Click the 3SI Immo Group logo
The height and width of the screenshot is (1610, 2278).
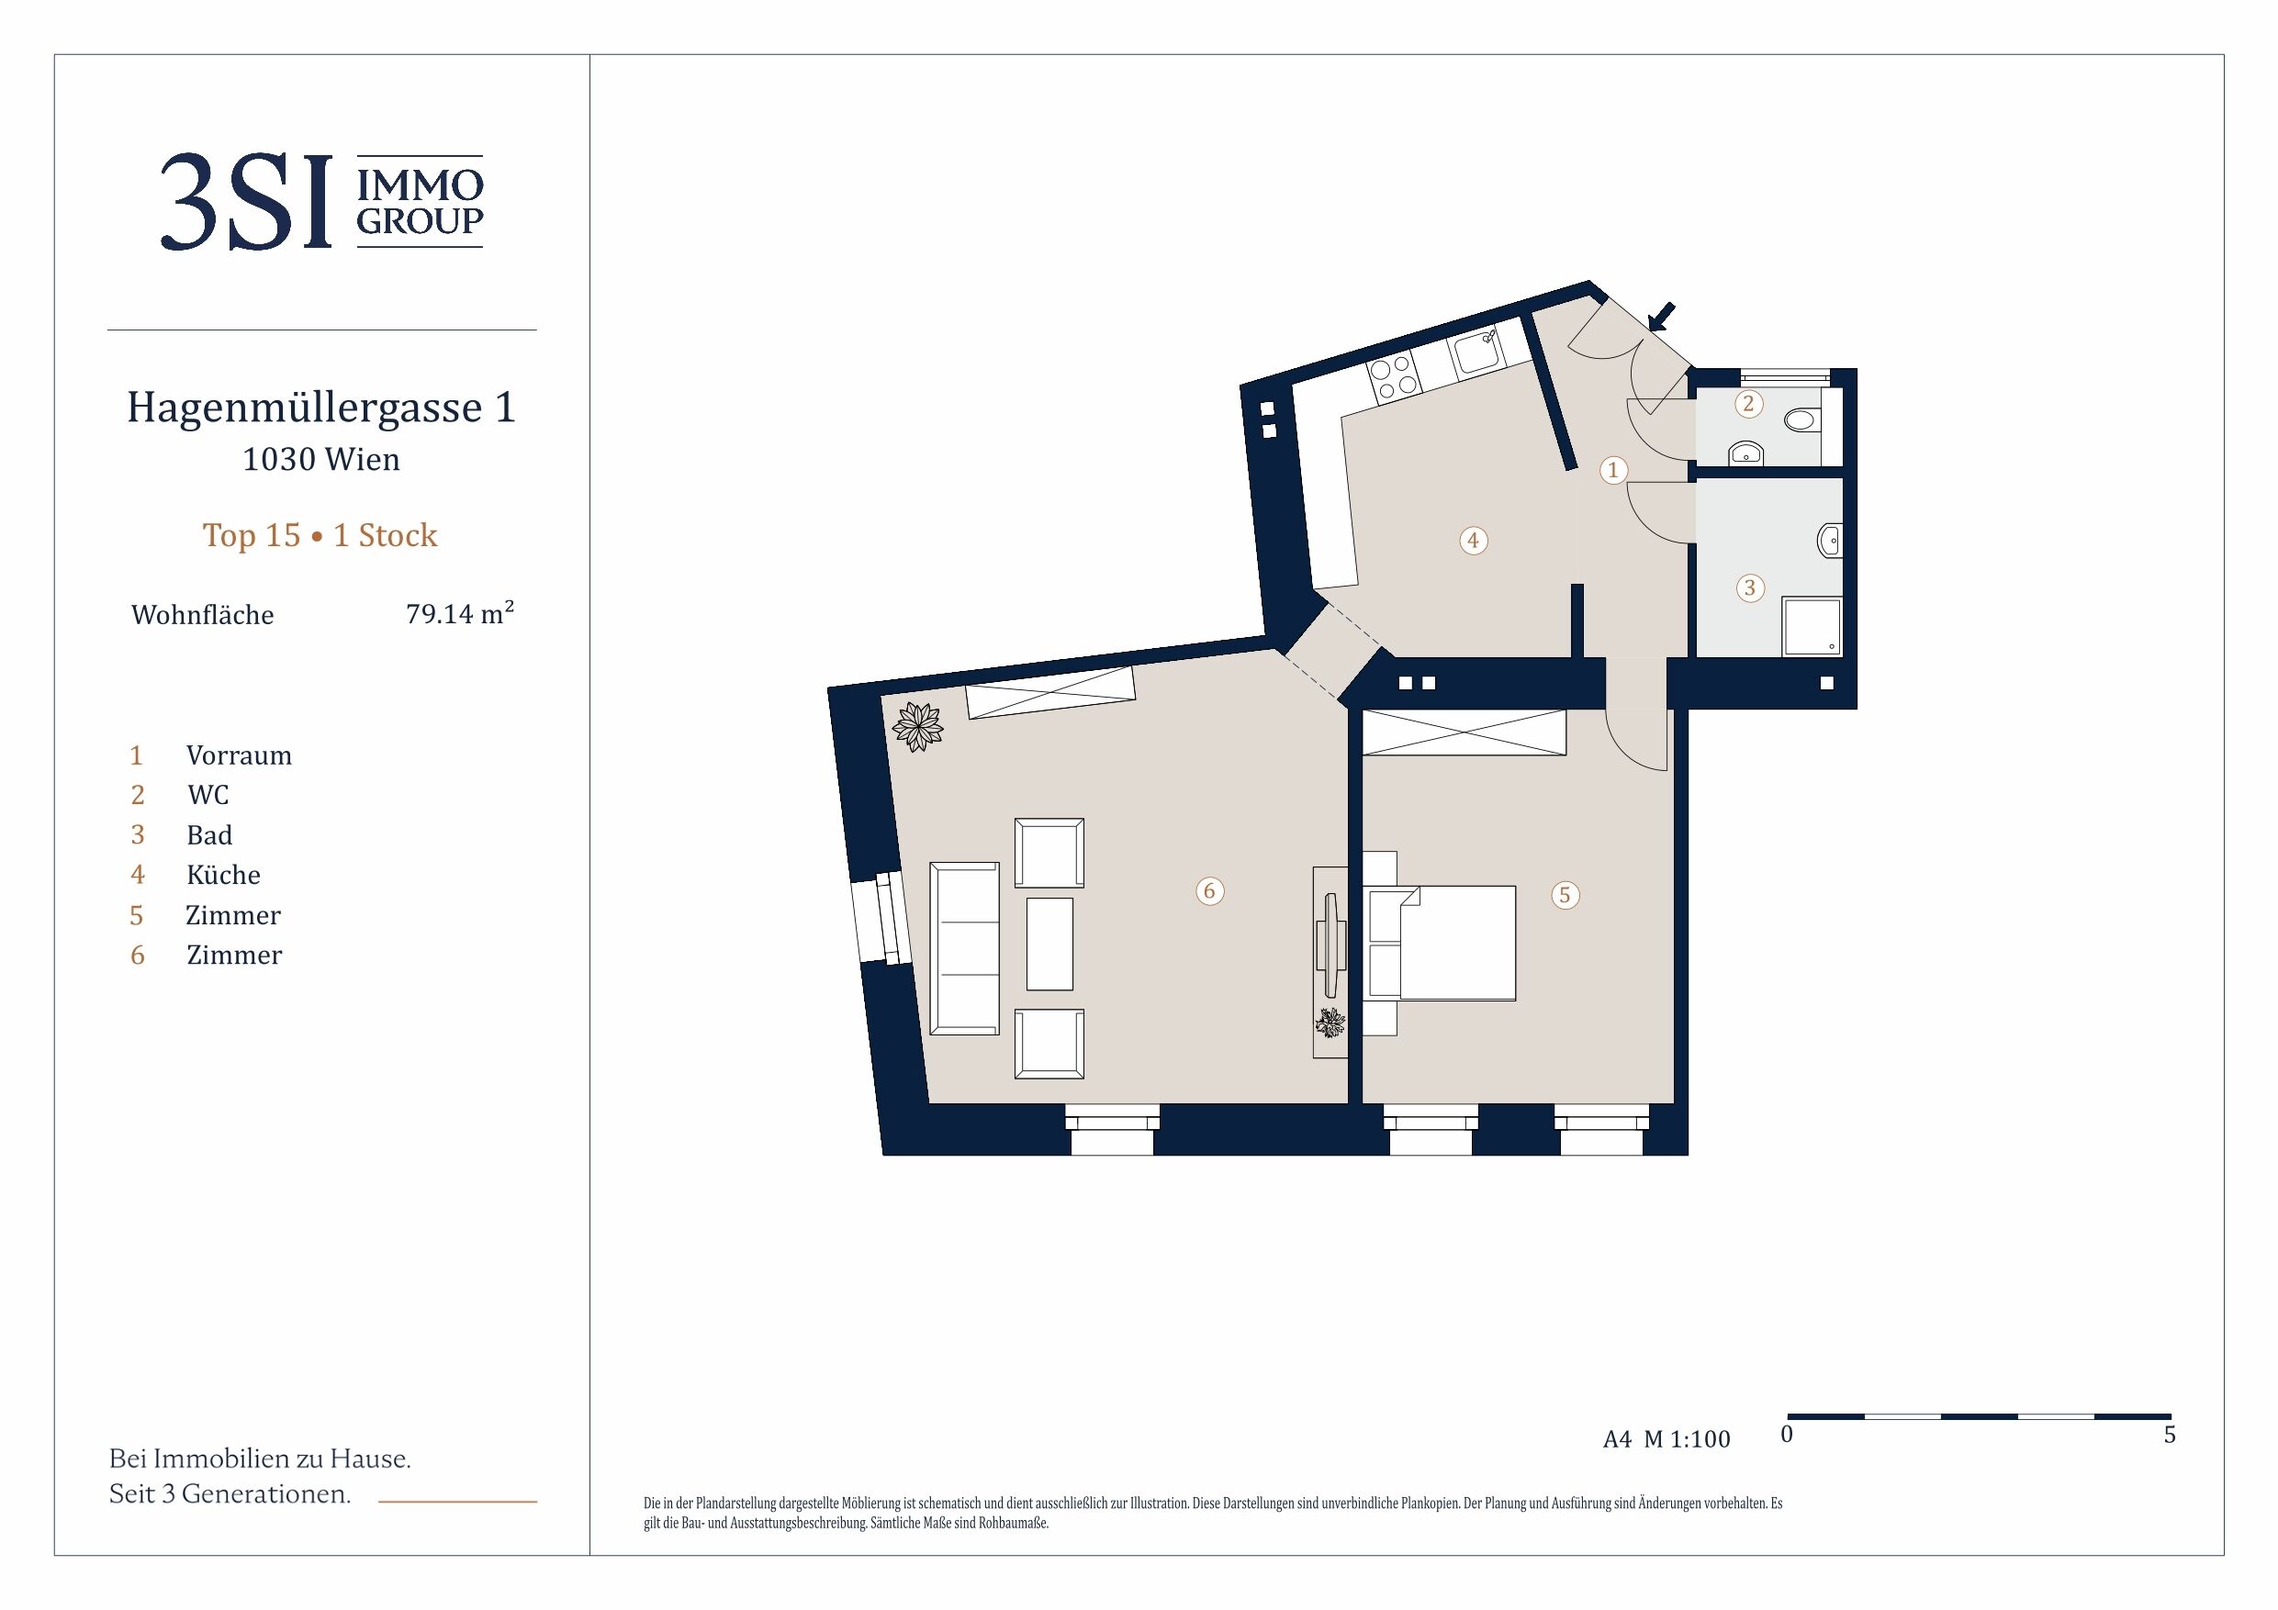point(321,201)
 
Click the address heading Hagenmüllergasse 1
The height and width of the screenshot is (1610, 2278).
point(321,408)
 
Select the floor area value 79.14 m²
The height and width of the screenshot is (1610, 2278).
point(459,613)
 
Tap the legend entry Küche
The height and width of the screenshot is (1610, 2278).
point(223,874)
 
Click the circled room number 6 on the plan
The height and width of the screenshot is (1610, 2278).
point(1208,890)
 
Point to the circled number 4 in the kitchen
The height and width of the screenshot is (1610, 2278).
point(1474,541)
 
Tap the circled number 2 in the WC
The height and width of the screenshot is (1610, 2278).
point(1748,404)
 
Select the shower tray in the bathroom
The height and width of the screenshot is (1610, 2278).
point(1812,625)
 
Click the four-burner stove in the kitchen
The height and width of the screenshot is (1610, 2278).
point(1393,378)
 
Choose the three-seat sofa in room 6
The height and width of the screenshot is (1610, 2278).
point(964,948)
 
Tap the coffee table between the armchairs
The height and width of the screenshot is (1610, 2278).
point(1049,944)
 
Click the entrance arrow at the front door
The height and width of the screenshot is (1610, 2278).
point(1662,318)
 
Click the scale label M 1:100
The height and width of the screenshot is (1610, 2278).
point(1687,1438)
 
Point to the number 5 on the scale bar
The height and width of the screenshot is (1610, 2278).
point(2170,1435)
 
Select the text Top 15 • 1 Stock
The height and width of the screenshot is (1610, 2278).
point(320,536)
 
